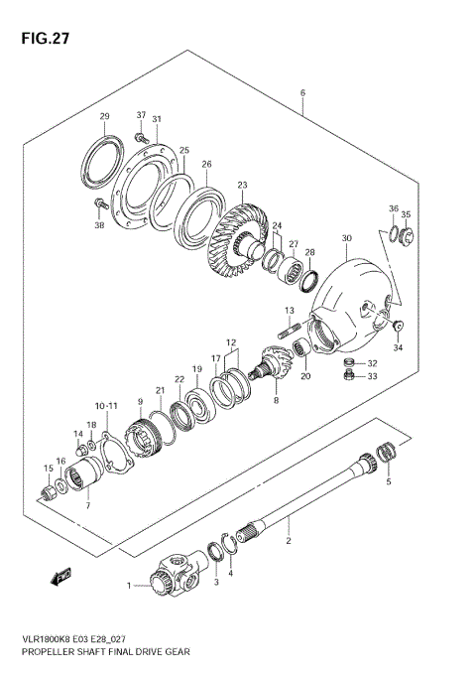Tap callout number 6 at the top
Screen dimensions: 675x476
pyautogui.click(x=302, y=94)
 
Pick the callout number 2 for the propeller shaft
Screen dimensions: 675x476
pyautogui.click(x=288, y=542)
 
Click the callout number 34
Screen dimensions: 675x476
pyautogui.click(x=398, y=346)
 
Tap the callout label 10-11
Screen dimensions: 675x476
pyautogui.click(x=107, y=406)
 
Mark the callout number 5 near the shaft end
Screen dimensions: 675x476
pyautogui.click(x=389, y=481)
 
